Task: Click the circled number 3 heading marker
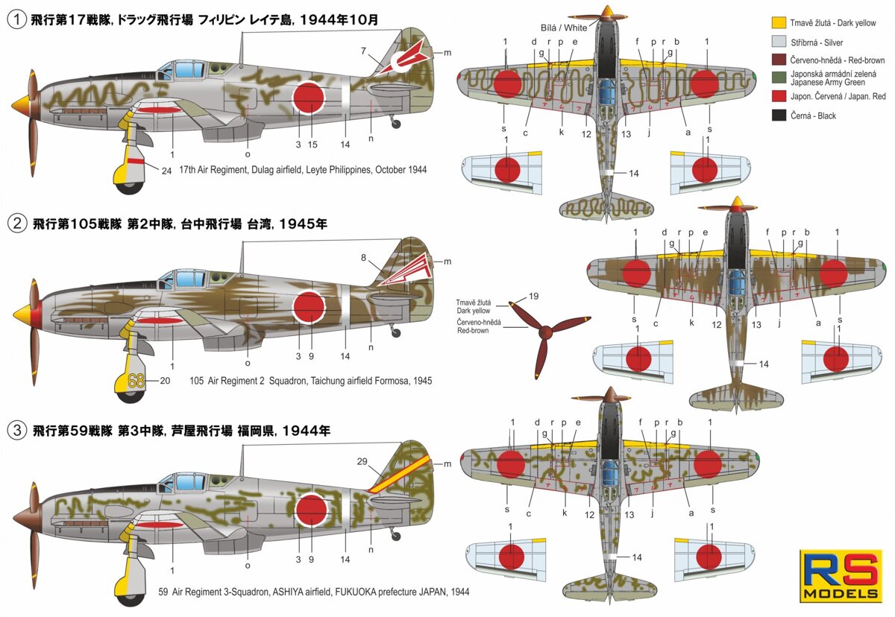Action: [x=16, y=430]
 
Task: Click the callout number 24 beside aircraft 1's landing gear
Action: [x=166, y=169]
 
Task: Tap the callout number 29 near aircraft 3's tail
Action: [x=362, y=462]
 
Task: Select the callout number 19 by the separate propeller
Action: [x=533, y=297]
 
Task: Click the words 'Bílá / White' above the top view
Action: [x=563, y=26]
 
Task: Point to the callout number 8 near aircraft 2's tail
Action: [x=363, y=258]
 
